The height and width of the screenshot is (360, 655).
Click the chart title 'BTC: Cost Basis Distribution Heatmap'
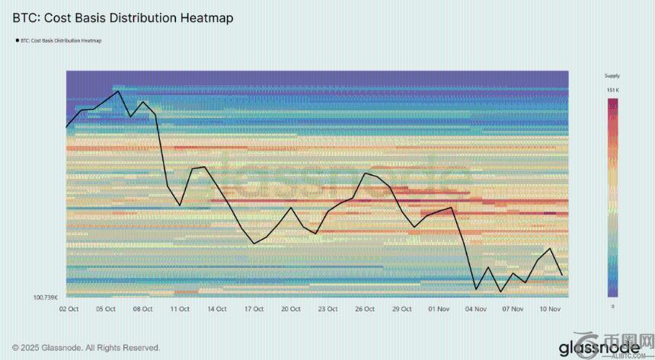[123, 16]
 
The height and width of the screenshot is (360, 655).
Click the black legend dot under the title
[16, 40]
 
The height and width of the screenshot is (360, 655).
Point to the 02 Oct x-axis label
[69, 309]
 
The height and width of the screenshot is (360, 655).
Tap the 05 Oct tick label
[106, 309]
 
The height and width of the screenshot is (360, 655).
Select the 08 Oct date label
[143, 309]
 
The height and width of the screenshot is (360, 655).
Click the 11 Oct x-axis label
[180, 309]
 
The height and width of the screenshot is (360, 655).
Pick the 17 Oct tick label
[254, 309]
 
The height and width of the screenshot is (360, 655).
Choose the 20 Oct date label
[290, 309]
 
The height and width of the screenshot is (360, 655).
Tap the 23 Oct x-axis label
[327, 309]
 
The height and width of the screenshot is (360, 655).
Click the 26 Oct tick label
[365, 309]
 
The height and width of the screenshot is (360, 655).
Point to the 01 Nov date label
[439, 309]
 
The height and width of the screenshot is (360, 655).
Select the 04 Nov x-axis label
[476, 309]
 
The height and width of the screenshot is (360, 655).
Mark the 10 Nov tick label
[550, 309]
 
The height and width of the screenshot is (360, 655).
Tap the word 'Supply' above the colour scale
[612, 76]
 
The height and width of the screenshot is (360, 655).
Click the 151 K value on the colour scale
[612, 91]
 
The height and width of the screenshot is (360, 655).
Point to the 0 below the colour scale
[613, 305]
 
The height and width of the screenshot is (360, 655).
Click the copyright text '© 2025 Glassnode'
[86, 347]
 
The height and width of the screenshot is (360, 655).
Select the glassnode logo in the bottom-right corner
[594, 347]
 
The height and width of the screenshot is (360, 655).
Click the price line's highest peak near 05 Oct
[118, 91]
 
